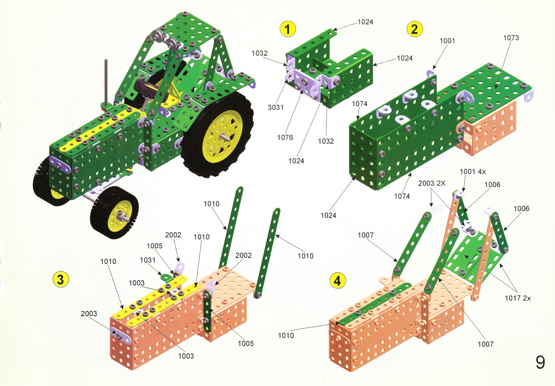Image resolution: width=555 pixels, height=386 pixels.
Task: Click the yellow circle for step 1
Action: coord(288,29)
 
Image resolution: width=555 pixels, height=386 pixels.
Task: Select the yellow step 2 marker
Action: coord(414,29)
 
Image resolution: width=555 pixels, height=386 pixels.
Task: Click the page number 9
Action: coord(540,362)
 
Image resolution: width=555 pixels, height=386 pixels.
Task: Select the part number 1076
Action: coord(285,137)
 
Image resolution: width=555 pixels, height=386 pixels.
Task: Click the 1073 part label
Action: coord(511,38)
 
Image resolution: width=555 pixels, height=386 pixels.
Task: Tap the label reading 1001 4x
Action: coord(473,172)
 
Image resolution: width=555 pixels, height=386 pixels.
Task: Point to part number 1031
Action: coord(148,260)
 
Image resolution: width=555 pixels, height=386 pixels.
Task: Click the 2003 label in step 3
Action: coord(89,313)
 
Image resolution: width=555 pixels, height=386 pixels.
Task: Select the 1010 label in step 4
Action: coord(286,336)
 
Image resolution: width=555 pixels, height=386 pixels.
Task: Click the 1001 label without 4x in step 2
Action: coord(447,41)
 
